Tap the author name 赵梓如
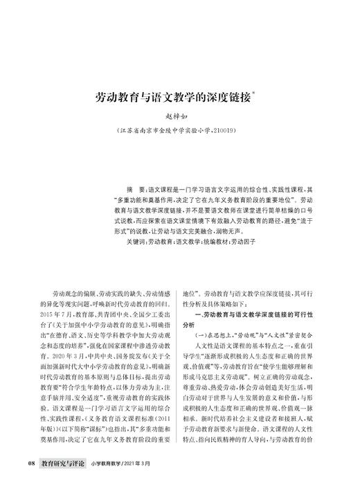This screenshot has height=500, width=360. coord(180,118)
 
